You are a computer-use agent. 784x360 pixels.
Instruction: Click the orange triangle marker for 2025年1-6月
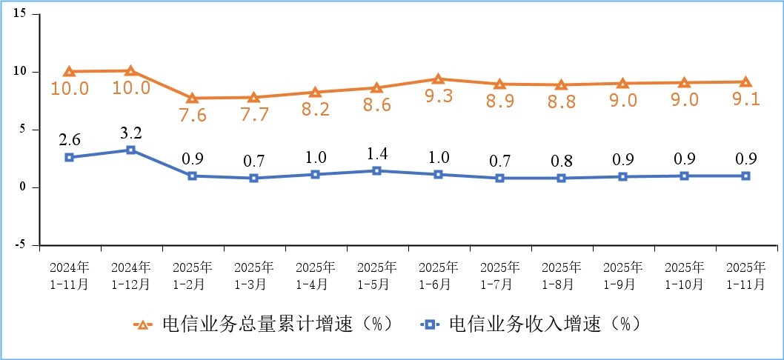pyautogui.click(x=438, y=79)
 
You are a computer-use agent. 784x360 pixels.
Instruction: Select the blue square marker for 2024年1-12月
pyautogui.click(x=130, y=150)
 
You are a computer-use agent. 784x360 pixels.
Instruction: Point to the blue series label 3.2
pyautogui.click(x=130, y=133)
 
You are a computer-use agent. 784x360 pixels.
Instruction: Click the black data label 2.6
pyautogui.click(x=69, y=140)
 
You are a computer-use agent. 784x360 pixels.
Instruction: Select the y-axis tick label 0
pyautogui.click(x=24, y=187)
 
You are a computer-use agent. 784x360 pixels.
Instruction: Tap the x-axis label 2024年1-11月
pyautogui.click(x=69, y=275)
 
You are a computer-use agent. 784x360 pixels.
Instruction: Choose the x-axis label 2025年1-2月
pyautogui.click(x=192, y=275)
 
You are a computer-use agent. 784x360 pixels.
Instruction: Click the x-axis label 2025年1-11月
pyautogui.click(x=745, y=275)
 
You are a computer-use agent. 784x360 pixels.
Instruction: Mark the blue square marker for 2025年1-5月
pyautogui.click(x=376, y=171)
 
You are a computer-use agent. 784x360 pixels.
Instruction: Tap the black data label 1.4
pyautogui.click(x=376, y=154)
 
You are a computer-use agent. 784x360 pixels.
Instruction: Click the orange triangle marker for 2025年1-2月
pyautogui.click(x=192, y=99)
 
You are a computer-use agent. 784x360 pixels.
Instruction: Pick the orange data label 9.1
pyautogui.click(x=745, y=99)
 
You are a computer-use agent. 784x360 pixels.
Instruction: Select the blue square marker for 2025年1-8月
pyautogui.click(x=561, y=178)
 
